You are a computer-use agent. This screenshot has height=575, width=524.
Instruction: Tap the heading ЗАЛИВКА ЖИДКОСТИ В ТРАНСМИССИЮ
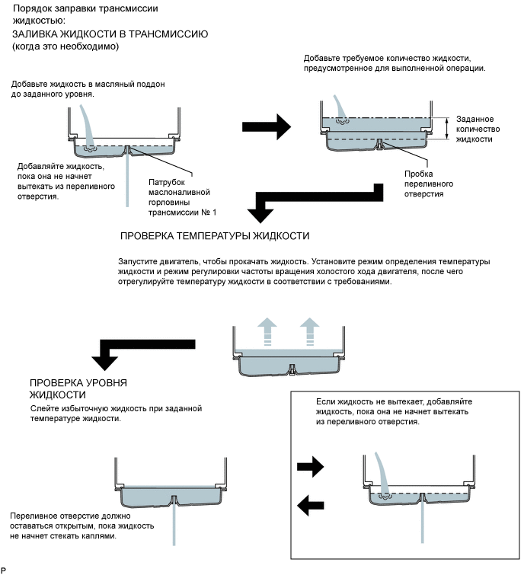(110, 35)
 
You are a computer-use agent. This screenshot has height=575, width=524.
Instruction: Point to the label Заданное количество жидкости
(478, 129)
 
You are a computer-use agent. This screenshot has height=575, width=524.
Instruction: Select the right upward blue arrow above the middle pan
(308, 332)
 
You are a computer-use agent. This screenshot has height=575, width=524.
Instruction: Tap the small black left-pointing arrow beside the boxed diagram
(310, 503)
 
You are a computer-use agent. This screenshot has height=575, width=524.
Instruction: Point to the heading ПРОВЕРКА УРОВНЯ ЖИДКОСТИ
(78, 388)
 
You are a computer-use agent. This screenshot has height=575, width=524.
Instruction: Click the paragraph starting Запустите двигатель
(305, 272)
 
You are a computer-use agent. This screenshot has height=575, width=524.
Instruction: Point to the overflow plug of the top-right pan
(378, 143)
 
